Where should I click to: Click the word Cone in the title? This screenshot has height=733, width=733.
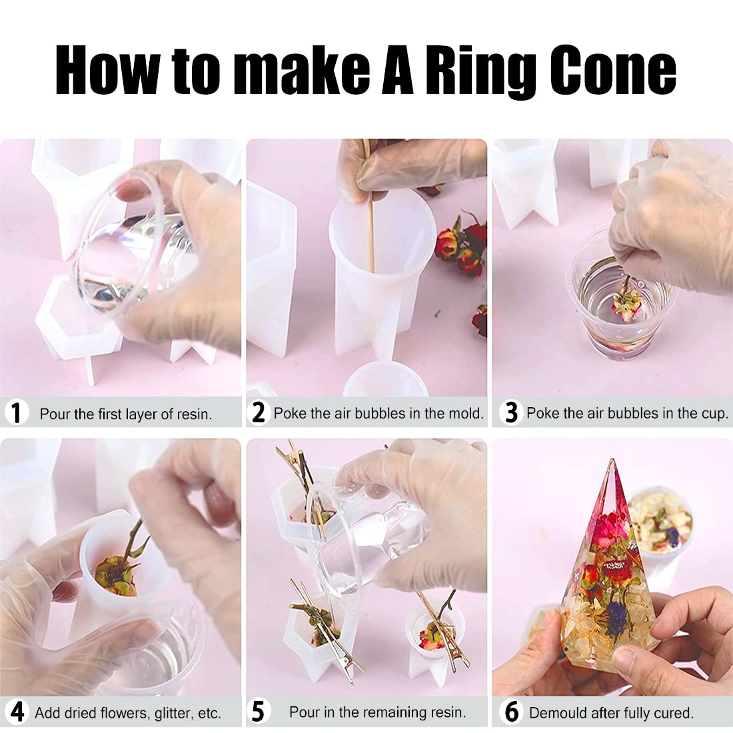coord(612,69)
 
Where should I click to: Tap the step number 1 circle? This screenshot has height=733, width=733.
coord(16,412)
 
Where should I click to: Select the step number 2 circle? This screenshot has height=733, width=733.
coord(258,412)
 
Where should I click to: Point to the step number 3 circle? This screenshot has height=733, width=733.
coord(511,412)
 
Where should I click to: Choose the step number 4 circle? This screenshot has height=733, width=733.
coord(17,712)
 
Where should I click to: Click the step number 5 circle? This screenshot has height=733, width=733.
coord(258,712)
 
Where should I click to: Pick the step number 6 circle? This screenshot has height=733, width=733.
coord(511,712)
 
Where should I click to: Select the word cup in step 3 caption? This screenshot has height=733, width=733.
coord(715,414)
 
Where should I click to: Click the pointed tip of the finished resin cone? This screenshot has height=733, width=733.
coord(612,460)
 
